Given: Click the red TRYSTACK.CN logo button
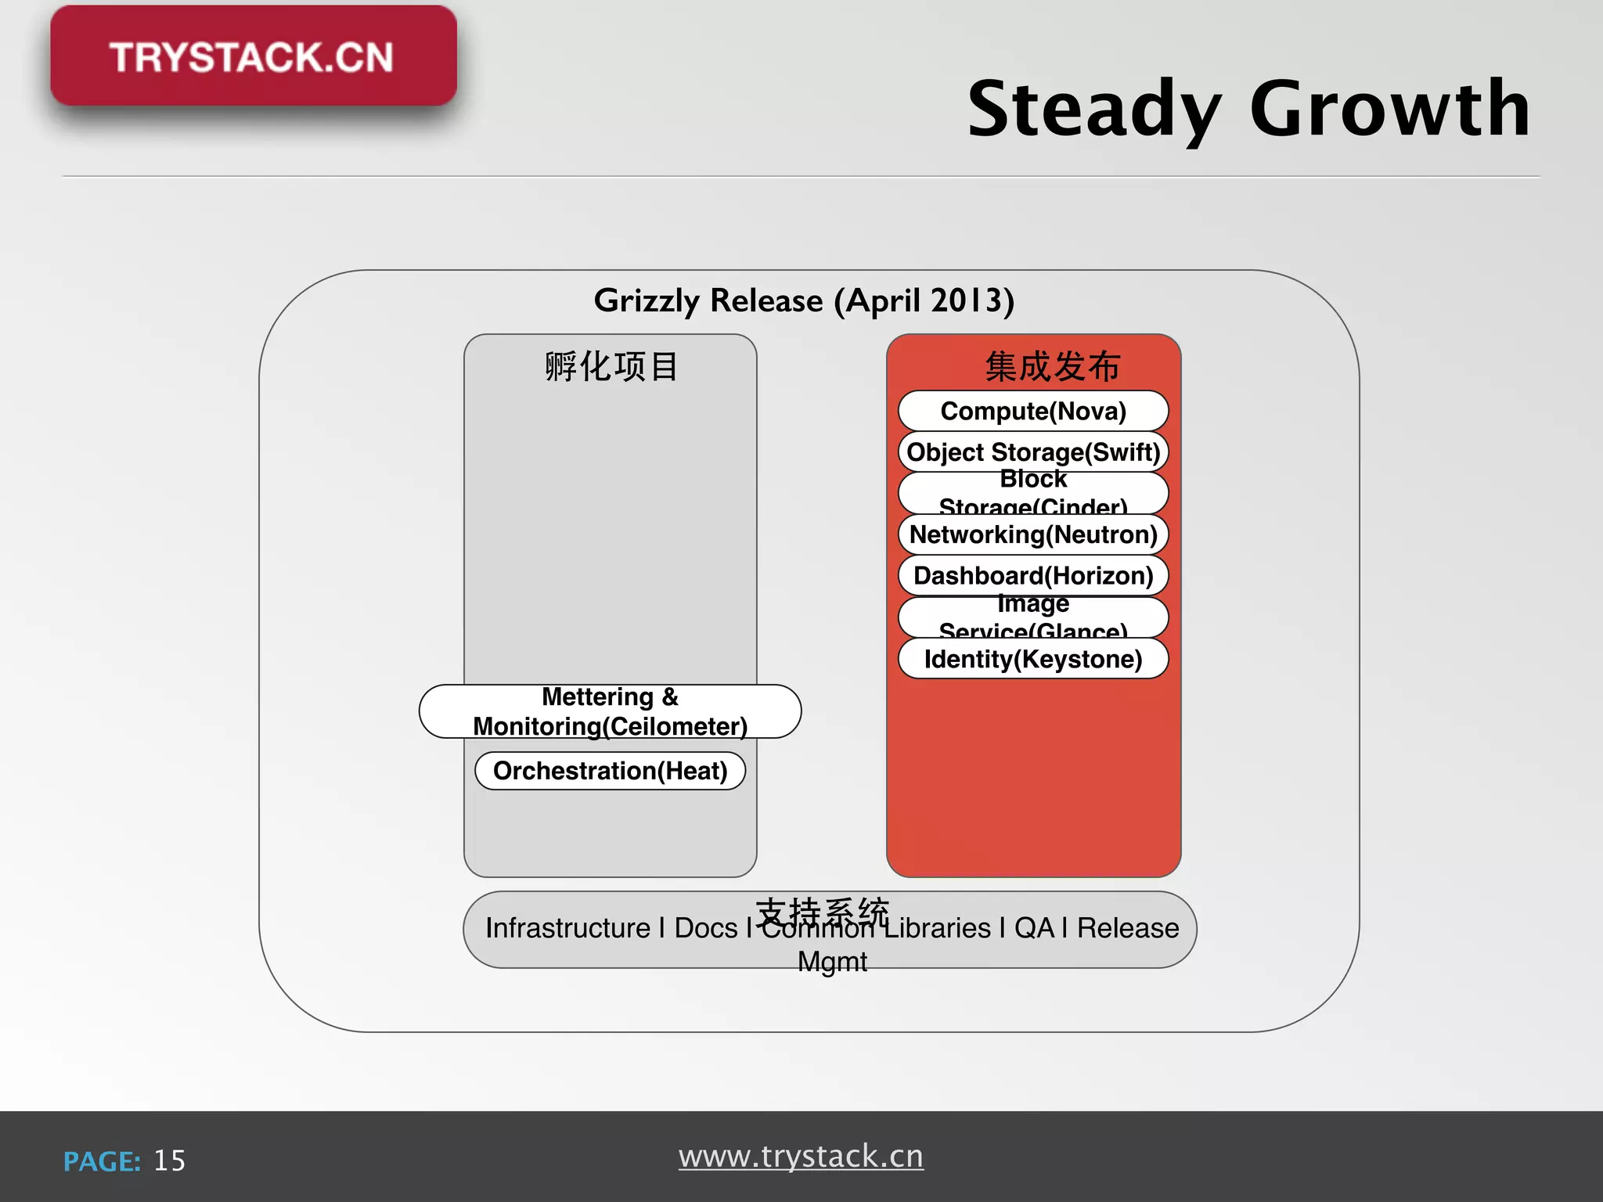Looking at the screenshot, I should (x=253, y=56).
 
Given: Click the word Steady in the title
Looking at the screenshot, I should (x=1093, y=110).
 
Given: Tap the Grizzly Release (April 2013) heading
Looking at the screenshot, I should (x=804, y=300).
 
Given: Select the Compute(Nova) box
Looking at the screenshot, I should (x=1033, y=411).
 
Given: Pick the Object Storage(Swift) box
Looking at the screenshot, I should (x=1033, y=452).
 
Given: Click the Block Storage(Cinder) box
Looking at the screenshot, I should (x=1033, y=493).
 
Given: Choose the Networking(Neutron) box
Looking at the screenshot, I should (x=1033, y=534).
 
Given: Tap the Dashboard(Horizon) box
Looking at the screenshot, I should (x=1033, y=576).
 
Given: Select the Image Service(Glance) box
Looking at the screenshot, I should (x=1033, y=617).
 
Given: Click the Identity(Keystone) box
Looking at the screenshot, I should (x=1033, y=659).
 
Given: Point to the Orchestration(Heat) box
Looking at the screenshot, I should (x=610, y=771).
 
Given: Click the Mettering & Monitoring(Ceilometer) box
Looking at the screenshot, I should (x=610, y=711).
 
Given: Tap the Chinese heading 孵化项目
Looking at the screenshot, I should (x=611, y=366).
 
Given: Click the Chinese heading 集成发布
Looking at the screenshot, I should (x=1053, y=366).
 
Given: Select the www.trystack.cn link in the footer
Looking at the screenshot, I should (x=801, y=1156).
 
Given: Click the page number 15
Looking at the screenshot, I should (x=169, y=1161).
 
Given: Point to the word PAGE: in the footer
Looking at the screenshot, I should (x=102, y=1161).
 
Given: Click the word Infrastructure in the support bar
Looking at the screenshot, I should (x=567, y=928).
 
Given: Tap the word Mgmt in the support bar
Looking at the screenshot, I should (x=832, y=962).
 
